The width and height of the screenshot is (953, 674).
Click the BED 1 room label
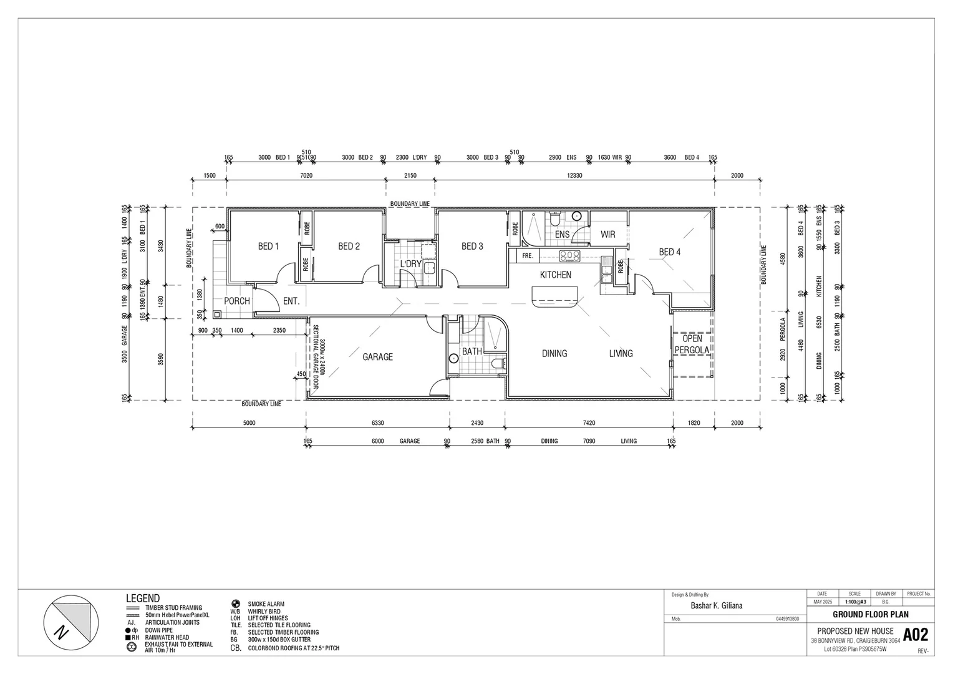pyautogui.click(x=268, y=247)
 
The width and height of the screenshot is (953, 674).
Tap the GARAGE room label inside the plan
pyautogui.click(x=378, y=357)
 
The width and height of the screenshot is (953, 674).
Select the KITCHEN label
pyautogui.click(x=555, y=275)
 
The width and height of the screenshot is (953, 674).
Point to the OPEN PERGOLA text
pyautogui.click(x=692, y=344)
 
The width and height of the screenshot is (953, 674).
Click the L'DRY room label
pyautogui.click(x=410, y=264)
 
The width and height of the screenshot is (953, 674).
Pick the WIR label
pyautogui.click(x=608, y=235)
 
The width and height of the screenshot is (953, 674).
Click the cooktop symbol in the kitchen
pyautogui.click(x=569, y=255)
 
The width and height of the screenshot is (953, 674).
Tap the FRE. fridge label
pyautogui.click(x=527, y=256)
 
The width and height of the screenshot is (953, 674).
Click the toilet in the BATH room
pyautogui.click(x=498, y=363)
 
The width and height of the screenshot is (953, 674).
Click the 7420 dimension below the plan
pyautogui.click(x=589, y=423)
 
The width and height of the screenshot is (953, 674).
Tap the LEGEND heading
pyautogui.click(x=143, y=598)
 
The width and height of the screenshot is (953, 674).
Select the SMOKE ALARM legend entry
pyautogui.click(x=266, y=604)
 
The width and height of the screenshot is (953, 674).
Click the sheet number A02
pyautogui.click(x=916, y=635)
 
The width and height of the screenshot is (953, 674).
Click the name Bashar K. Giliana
pyautogui.click(x=716, y=605)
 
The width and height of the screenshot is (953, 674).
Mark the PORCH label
pyautogui.click(x=237, y=301)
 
